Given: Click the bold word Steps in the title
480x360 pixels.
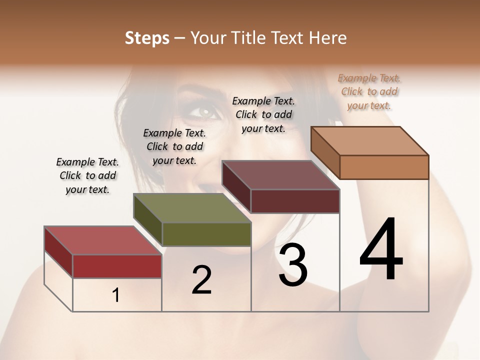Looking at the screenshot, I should click(147, 38).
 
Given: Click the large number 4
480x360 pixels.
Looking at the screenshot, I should click(381, 250).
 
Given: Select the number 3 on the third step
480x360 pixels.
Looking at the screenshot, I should click(293, 265).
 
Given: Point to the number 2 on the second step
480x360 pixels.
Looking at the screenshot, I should click(201, 280).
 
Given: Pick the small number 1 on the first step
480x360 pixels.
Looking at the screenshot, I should click(116, 295).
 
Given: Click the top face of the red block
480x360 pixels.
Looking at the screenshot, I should click(102, 240).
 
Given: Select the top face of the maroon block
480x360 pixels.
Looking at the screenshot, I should click(281, 175).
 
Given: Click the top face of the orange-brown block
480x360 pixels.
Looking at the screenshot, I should click(370, 141).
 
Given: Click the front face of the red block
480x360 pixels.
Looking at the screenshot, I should click(117, 266).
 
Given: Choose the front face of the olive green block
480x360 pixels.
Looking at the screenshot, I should click(206, 234).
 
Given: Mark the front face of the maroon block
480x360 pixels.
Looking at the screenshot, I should click(295, 201).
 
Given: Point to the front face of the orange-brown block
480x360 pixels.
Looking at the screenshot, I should click(384, 167).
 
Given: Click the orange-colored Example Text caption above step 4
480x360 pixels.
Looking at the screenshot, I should click(369, 91).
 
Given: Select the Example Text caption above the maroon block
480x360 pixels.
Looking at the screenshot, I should click(263, 114).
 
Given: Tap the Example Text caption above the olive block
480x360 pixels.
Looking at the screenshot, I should click(174, 146).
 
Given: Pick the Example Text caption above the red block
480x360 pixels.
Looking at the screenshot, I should click(87, 175).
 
